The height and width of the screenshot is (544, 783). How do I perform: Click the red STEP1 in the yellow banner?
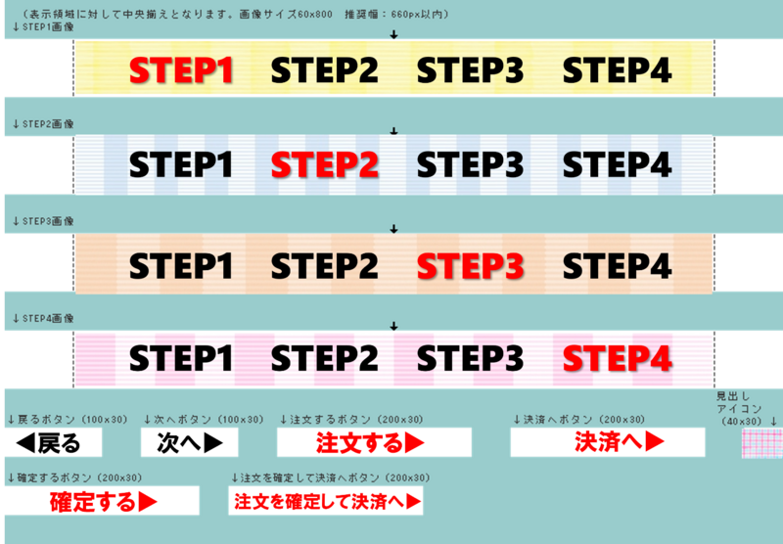(x=181, y=69)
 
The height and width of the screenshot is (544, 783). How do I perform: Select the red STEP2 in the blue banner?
(x=325, y=165)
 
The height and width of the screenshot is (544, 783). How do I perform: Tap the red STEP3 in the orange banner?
(x=471, y=265)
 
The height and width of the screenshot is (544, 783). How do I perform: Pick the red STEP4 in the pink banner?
(x=618, y=358)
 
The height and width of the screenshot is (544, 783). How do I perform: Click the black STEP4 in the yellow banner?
(x=618, y=69)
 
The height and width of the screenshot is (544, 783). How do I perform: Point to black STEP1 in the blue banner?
(x=181, y=165)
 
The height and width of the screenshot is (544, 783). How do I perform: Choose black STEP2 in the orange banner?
(x=325, y=265)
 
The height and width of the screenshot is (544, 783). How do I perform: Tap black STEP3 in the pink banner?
(x=471, y=358)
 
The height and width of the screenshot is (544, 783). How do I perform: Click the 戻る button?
(x=54, y=442)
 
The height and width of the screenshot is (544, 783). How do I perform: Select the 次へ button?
(x=189, y=442)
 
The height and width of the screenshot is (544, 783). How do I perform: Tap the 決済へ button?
(x=608, y=442)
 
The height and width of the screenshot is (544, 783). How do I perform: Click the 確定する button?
(x=102, y=501)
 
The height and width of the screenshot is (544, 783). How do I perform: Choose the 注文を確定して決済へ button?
(x=326, y=501)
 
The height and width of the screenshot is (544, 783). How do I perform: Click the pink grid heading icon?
(x=762, y=443)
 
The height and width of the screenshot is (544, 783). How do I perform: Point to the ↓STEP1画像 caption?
(x=43, y=27)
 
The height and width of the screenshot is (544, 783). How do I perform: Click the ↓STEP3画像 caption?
(x=43, y=221)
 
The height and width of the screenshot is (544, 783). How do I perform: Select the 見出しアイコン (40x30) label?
(x=740, y=409)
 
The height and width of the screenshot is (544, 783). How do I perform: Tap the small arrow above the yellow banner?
(x=394, y=34)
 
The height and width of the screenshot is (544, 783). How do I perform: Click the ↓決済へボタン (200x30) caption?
(x=579, y=420)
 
